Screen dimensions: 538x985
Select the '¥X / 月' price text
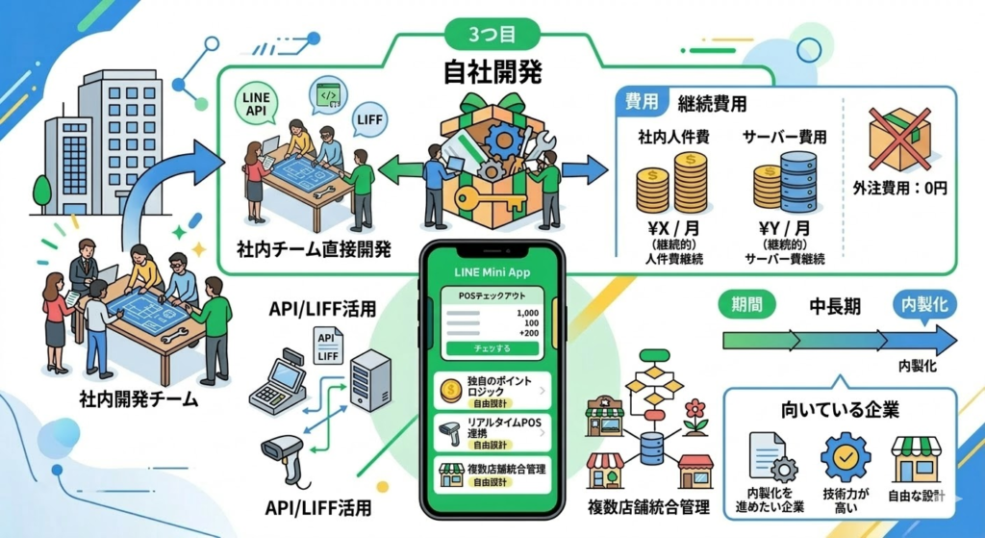pyautogui.click(x=672, y=228)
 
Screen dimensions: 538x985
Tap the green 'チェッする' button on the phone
pyautogui.click(x=492, y=346)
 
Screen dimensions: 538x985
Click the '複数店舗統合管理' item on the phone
pyautogui.click(x=492, y=474)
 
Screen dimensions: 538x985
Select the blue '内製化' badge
pyautogui.click(x=923, y=306)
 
